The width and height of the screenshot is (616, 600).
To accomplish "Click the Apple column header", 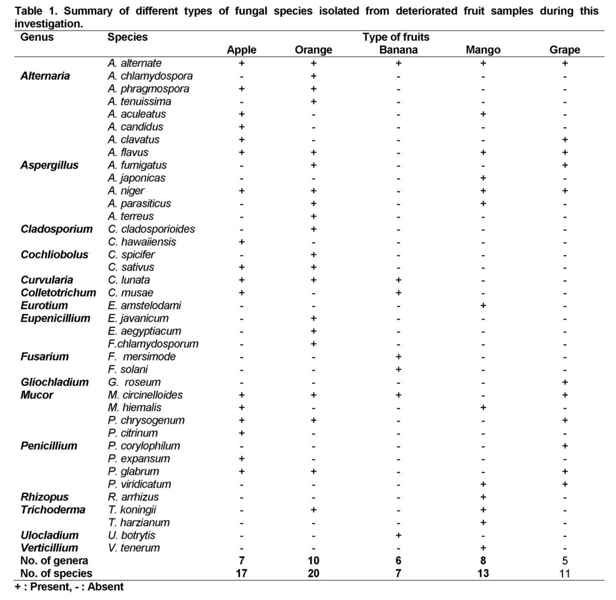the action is pos(242,50).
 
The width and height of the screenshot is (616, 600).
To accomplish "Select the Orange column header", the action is pos(313,50).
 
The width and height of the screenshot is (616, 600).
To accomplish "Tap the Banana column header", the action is pos(398,50).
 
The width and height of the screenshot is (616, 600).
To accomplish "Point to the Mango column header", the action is pos(483,50).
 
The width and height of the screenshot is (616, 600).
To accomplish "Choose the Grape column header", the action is pos(564,50).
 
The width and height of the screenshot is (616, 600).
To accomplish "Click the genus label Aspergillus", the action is pos(49,165).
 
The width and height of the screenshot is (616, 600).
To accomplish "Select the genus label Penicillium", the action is pos(49,446).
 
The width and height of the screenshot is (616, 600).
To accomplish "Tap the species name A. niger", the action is pos(126,191).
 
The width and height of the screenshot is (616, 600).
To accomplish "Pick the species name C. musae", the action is pos(131,292).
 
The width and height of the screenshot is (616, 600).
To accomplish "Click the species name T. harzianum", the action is pos(139,522).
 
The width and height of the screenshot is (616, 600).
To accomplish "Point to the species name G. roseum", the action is pos(134,382).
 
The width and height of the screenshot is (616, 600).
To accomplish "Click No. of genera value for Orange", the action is pos(313,561).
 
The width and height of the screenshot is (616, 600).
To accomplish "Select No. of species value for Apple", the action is pos(242,574).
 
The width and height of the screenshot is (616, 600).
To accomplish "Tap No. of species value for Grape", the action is pos(564,574).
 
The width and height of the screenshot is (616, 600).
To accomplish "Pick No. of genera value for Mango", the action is pos(483,561).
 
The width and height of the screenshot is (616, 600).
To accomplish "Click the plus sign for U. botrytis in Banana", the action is pos(398,535).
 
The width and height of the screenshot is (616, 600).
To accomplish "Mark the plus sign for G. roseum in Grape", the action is pos(565,382).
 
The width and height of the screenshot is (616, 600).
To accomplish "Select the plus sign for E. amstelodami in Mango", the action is pos(483,305).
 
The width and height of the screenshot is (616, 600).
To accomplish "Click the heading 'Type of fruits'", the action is pos(396,37).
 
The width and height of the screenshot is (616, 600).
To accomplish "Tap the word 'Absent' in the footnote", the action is pos(106,587).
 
